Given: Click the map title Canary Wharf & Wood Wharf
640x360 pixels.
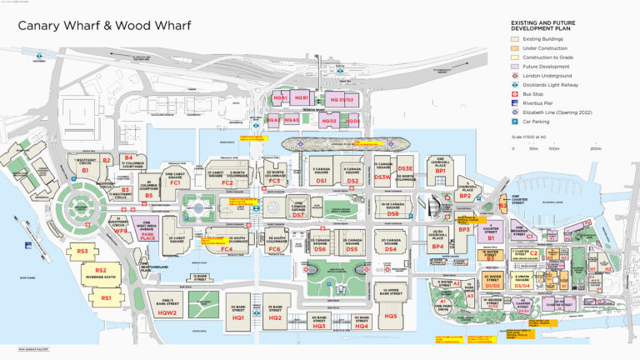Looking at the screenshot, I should pyautogui.click(x=98, y=25).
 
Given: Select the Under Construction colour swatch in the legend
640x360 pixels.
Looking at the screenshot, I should pyautogui.click(x=516, y=48).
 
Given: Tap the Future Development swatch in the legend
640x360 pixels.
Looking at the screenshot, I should pyautogui.click(x=516, y=66).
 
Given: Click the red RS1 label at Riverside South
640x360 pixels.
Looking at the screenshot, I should pyautogui.click(x=107, y=297).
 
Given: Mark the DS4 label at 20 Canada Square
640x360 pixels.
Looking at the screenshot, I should pyautogui.click(x=391, y=249).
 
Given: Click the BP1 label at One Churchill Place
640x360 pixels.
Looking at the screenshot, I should pyautogui.click(x=441, y=171).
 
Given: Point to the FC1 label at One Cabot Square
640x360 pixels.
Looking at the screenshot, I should pyautogui.click(x=175, y=182).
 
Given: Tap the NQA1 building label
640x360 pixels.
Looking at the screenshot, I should pyautogui.click(x=281, y=98).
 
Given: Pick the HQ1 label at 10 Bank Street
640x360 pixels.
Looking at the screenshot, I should pyautogui.click(x=237, y=318).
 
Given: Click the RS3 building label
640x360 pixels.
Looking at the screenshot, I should pyautogui.click(x=82, y=251).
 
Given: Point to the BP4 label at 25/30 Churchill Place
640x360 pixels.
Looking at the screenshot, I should pyautogui.click(x=437, y=246).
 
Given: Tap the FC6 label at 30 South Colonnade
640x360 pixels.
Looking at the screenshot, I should pyautogui.click(x=274, y=249).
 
